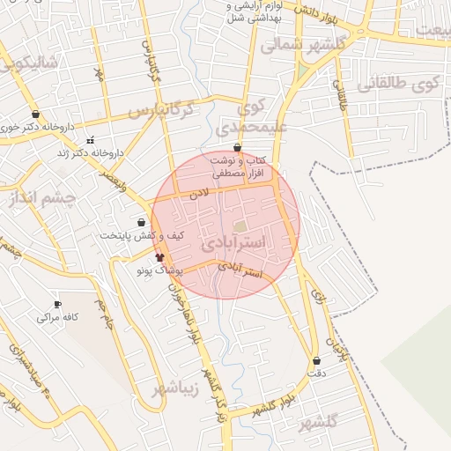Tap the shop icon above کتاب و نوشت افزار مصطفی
(x=238, y=148)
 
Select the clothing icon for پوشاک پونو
(x=159, y=258)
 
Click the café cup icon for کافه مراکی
(x=58, y=305)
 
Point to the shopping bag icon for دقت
(x=316, y=361)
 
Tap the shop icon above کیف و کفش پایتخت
(x=142, y=223)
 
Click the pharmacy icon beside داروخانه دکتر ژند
(x=90, y=141)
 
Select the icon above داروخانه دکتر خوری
(x=35, y=115)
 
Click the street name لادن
(x=202, y=191)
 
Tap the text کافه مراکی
(x=55, y=317)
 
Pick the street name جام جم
(x=107, y=314)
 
